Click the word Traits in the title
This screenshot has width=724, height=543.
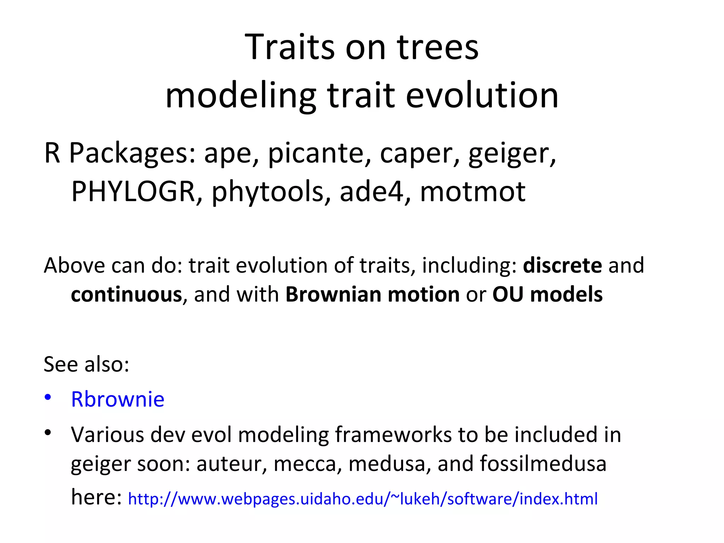[x=289, y=47]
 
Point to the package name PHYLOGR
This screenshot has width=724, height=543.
[x=133, y=191]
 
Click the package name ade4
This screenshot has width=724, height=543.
[x=371, y=191]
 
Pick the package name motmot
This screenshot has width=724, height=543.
[x=473, y=192]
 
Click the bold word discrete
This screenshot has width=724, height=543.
[x=562, y=265]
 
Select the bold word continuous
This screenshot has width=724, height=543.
[x=126, y=294]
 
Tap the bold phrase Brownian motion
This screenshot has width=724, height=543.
[x=372, y=294]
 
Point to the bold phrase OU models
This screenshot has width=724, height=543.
[x=547, y=294]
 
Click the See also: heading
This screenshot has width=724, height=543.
[x=86, y=364]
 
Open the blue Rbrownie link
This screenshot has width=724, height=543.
[x=118, y=399]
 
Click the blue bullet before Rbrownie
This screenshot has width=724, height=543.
[x=48, y=397]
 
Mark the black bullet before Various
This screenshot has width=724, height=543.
[x=48, y=432]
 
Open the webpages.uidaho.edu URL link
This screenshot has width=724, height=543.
[x=362, y=499]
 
